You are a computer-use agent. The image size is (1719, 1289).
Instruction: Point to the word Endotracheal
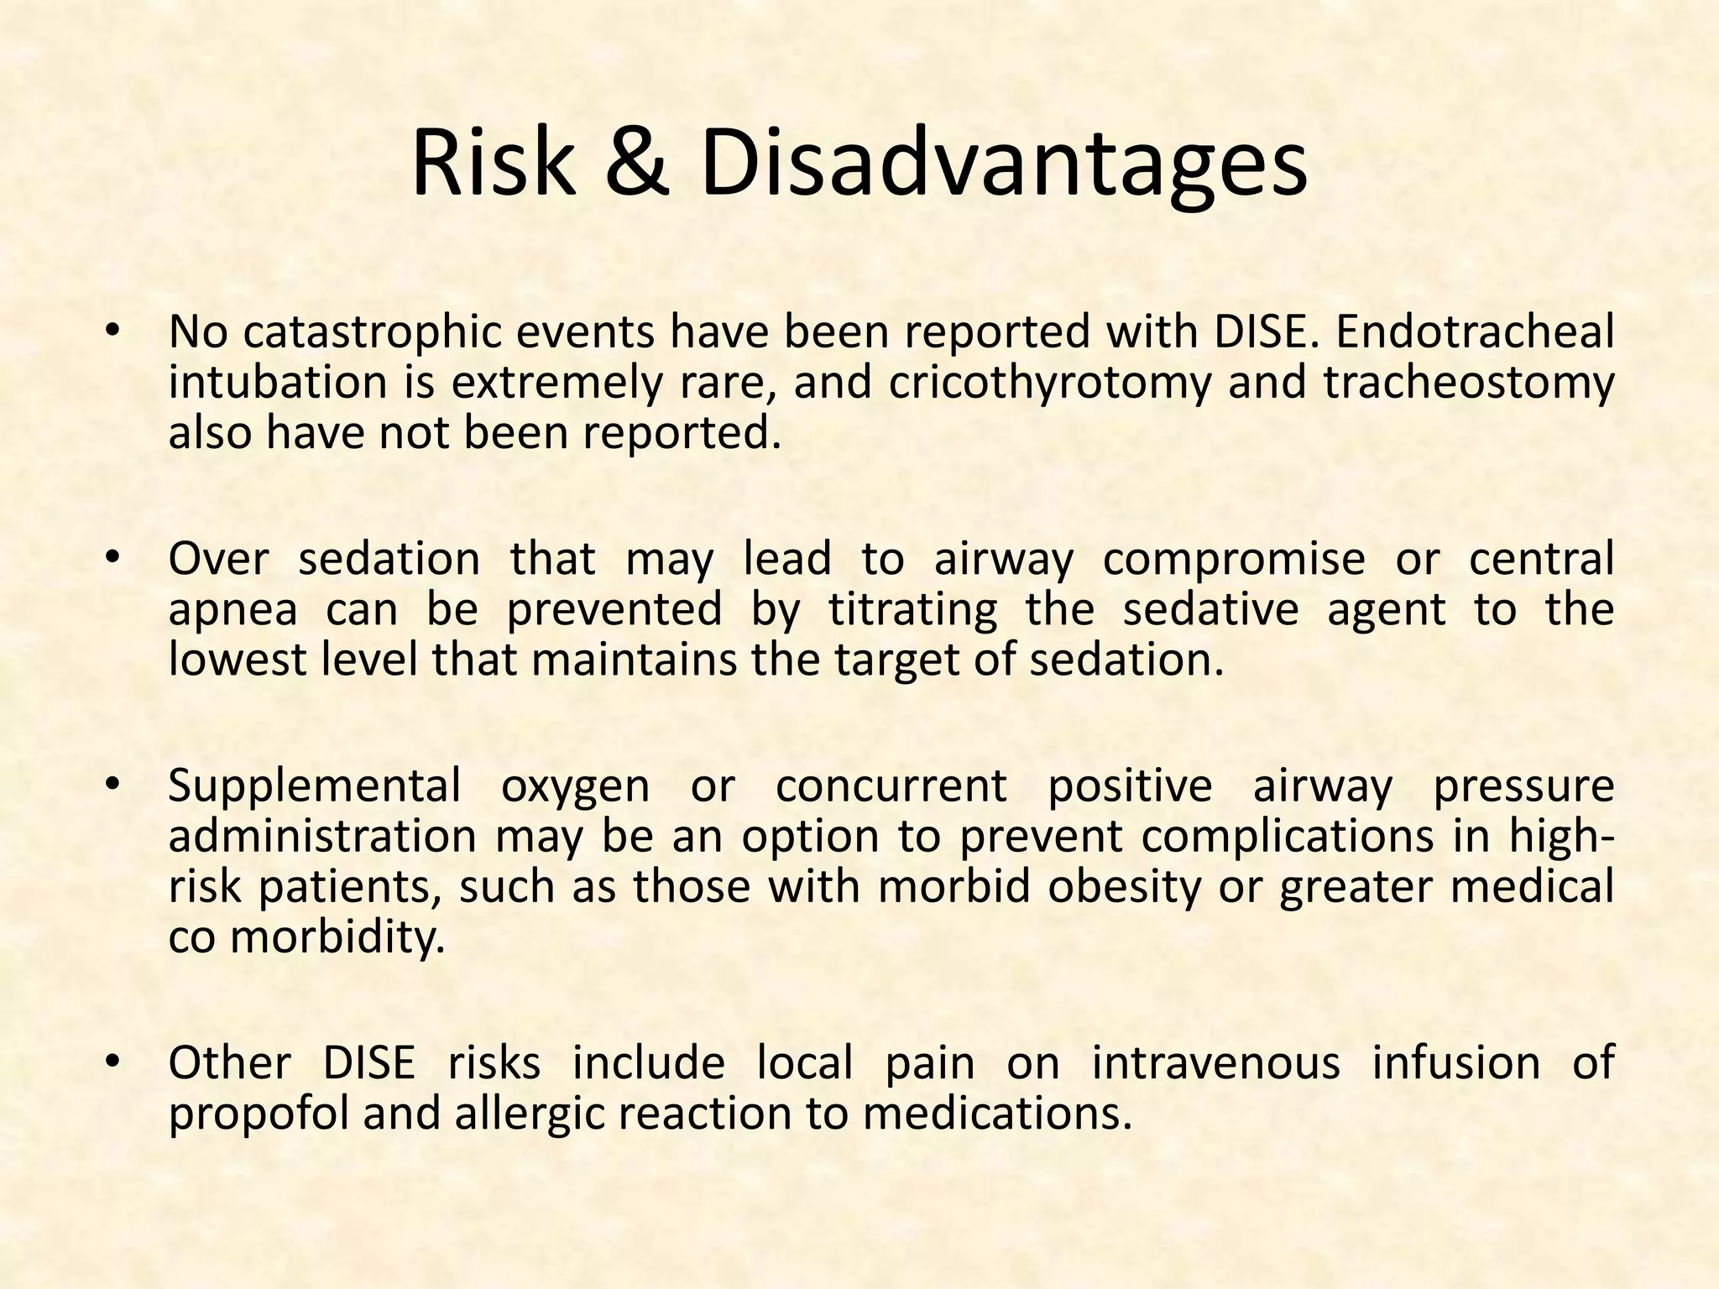click(x=1474, y=331)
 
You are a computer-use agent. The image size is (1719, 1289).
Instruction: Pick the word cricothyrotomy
click(x=1050, y=384)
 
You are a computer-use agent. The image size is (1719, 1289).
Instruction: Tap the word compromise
click(x=1233, y=560)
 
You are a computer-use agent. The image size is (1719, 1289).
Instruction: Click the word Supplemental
click(x=315, y=787)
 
